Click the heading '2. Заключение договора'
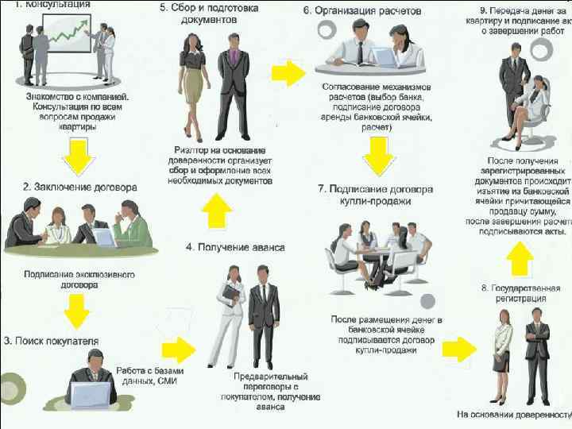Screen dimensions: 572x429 point(79,187)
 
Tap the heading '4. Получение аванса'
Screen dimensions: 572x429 point(235,247)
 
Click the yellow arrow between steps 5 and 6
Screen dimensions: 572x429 point(288,74)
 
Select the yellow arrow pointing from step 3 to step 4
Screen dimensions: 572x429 point(176,349)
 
